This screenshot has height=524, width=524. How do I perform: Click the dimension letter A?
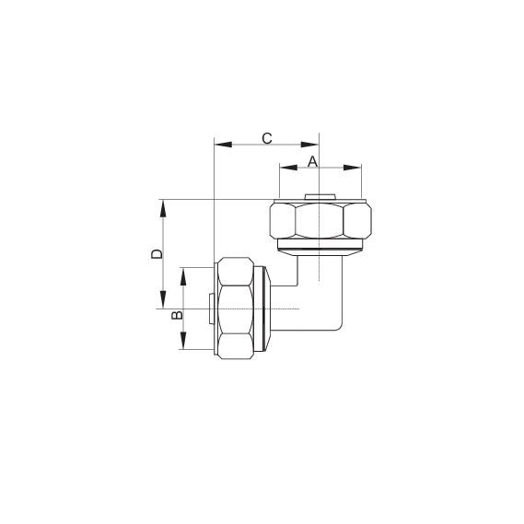coord(312,161)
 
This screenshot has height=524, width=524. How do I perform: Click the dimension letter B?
coord(179,315)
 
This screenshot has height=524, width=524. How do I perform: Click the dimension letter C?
coord(267,138)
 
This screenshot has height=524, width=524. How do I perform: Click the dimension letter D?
coord(157,252)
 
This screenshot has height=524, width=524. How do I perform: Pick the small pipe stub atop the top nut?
coord(320,196)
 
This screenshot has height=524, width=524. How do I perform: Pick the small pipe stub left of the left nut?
coord(211,309)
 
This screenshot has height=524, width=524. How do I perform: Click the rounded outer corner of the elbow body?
coord(340,324)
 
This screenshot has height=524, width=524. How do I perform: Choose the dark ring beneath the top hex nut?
coord(320,248)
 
